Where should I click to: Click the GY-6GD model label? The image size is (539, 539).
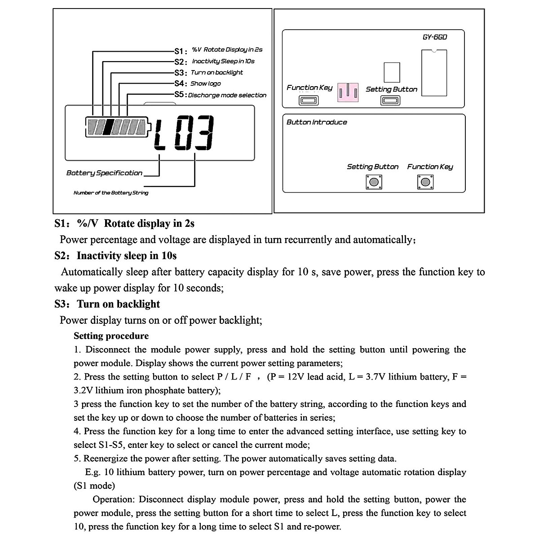(434, 37)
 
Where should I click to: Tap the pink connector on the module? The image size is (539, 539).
(348, 92)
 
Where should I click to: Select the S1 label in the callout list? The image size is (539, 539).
(181, 51)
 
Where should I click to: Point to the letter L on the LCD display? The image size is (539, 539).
(160, 133)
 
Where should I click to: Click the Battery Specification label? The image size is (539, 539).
(104, 173)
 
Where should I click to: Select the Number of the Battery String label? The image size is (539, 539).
(110, 193)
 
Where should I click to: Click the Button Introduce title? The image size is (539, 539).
(317, 122)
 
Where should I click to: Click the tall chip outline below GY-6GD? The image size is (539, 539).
(434, 72)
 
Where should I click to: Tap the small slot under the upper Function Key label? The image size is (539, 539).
(309, 100)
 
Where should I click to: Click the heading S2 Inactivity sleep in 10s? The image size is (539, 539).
(115, 256)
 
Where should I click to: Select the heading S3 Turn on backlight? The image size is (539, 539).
(107, 304)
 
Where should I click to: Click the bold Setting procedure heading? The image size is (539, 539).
(111, 336)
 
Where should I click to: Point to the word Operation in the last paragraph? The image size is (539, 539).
(114, 499)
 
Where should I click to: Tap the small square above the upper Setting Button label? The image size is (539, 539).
(392, 72)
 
